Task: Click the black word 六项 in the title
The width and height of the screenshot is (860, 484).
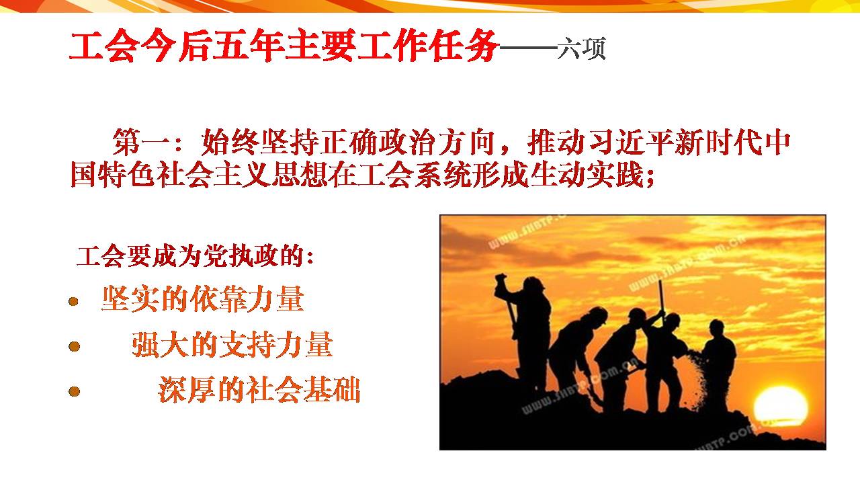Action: pos(581,48)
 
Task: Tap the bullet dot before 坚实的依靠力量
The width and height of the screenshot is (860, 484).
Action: pos(73,301)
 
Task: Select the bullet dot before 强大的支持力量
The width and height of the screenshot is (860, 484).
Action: pos(74,346)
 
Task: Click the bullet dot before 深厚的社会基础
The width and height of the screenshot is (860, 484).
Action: pos(74,391)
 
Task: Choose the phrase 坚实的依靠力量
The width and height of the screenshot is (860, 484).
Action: pos(203,299)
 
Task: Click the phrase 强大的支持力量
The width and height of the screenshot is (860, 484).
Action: pos(232,345)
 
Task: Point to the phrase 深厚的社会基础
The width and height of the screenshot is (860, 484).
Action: pos(259,389)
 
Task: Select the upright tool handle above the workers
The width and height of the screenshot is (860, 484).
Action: pos(661,300)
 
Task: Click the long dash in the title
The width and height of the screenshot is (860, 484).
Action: pos(528,48)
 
